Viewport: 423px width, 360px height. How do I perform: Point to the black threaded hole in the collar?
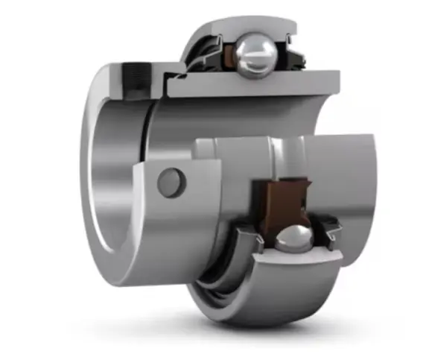[x=136, y=73]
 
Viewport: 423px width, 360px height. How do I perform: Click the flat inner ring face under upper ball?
[x=253, y=84]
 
